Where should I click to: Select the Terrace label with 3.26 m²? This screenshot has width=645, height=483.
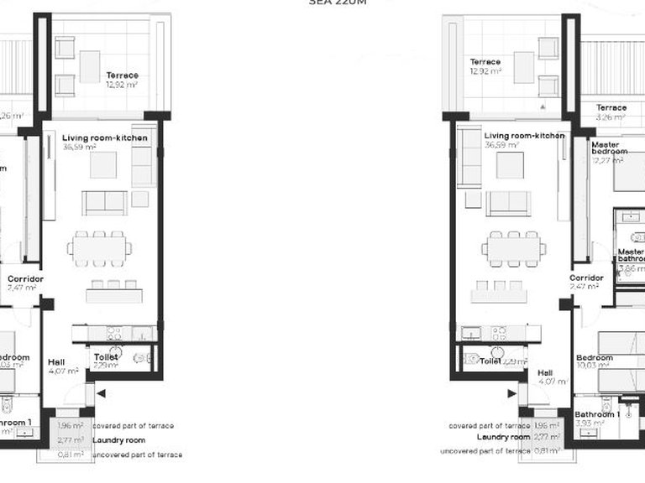(611, 108)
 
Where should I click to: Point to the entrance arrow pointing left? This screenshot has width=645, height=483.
(102, 392)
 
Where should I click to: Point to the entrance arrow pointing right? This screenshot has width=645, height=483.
(511, 392)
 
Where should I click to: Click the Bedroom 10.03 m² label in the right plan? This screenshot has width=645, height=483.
(594, 358)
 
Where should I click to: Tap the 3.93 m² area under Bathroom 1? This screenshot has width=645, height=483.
(588, 423)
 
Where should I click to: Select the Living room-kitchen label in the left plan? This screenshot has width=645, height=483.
(105, 138)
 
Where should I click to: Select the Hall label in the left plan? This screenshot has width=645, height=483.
(56, 362)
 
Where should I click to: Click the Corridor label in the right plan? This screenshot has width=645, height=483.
(586, 278)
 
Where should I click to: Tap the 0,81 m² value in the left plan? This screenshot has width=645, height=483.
(71, 454)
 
